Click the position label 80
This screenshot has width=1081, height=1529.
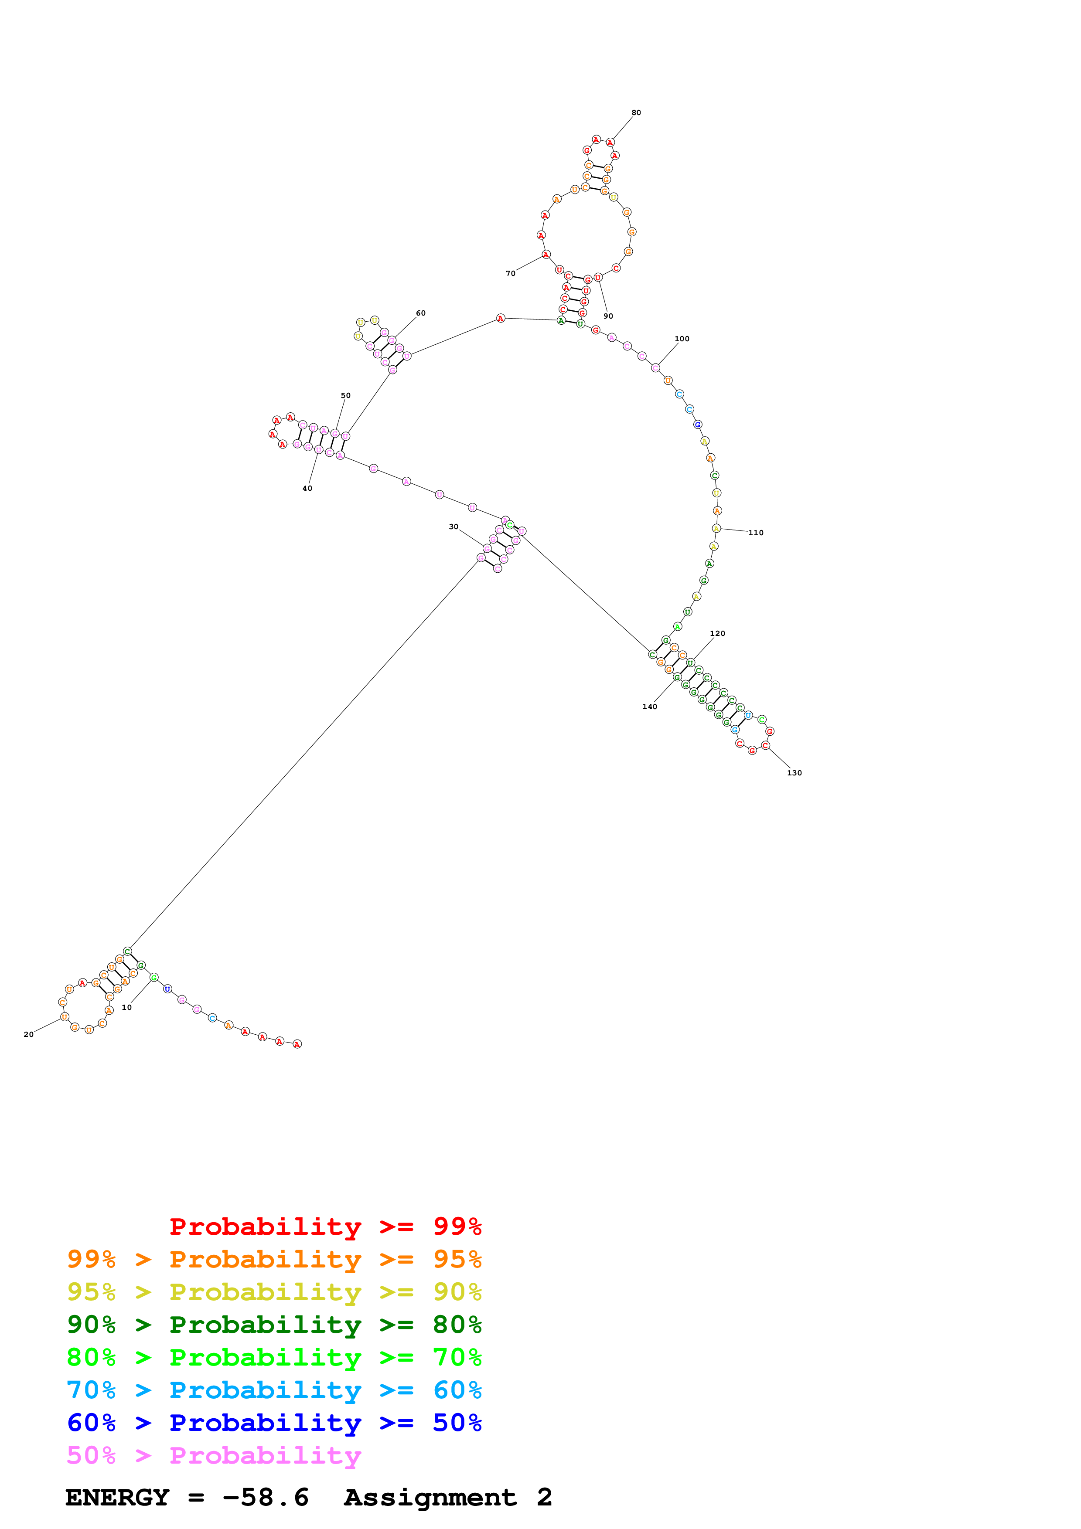click(636, 112)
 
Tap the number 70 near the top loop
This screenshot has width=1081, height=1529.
click(510, 273)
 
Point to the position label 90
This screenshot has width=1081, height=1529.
click(608, 316)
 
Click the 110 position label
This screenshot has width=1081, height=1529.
click(756, 532)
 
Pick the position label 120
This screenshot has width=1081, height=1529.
click(717, 633)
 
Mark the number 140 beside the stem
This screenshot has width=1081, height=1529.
click(649, 707)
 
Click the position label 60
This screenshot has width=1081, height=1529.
click(421, 313)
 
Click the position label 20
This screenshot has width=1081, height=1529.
click(29, 1034)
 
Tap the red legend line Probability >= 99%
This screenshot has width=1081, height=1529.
click(325, 1226)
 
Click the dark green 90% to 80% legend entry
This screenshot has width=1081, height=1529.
click(274, 1325)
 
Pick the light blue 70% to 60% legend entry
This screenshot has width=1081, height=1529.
click(274, 1390)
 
